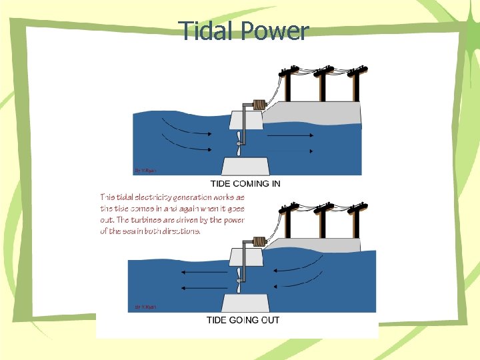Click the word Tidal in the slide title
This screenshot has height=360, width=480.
(x=203, y=31)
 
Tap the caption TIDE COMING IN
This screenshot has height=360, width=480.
(x=245, y=183)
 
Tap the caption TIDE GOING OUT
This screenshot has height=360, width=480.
(x=243, y=320)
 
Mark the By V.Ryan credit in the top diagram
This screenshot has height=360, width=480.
(x=146, y=171)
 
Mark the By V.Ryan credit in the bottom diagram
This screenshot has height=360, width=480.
(x=146, y=307)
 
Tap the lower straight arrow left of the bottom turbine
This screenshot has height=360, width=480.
(x=204, y=287)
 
